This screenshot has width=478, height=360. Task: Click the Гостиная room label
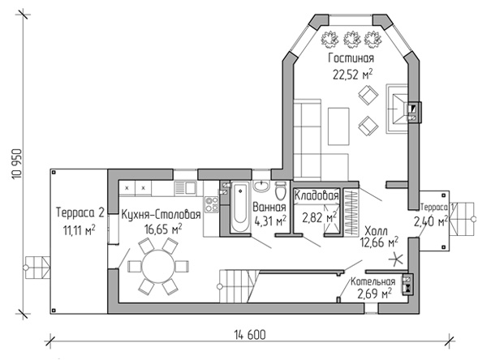click(x=351, y=58)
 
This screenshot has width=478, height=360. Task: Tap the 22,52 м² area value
click(x=353, y=74)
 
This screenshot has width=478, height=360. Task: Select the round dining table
click(x=158, y=267)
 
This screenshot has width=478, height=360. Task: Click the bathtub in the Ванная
click(x=240, y=207)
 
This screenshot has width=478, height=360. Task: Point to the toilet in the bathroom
click(x=280, y=191)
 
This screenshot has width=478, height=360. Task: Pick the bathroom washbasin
click(x=261, y=186)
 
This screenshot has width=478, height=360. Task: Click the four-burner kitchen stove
click(x=211, y=204)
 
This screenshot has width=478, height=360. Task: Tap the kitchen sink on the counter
click(x=185, y=187)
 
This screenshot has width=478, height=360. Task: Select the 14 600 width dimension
click(x=250, y=335)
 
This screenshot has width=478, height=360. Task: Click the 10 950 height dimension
click(x=17, y=164)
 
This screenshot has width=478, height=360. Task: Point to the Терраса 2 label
click(x=80, y=212)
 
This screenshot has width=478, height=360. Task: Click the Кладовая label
click(x=317, y=195)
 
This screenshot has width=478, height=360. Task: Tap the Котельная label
click(x=372, y=281)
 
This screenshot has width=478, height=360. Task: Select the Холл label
click(x=377, y=229)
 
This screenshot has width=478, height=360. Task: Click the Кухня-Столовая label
click(x=161, y=214)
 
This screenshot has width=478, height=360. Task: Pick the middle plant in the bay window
click(x=351, y=39)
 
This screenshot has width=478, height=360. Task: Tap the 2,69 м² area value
click(x=374, y=294)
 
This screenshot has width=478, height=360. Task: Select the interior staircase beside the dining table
click(x=239, y=286)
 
